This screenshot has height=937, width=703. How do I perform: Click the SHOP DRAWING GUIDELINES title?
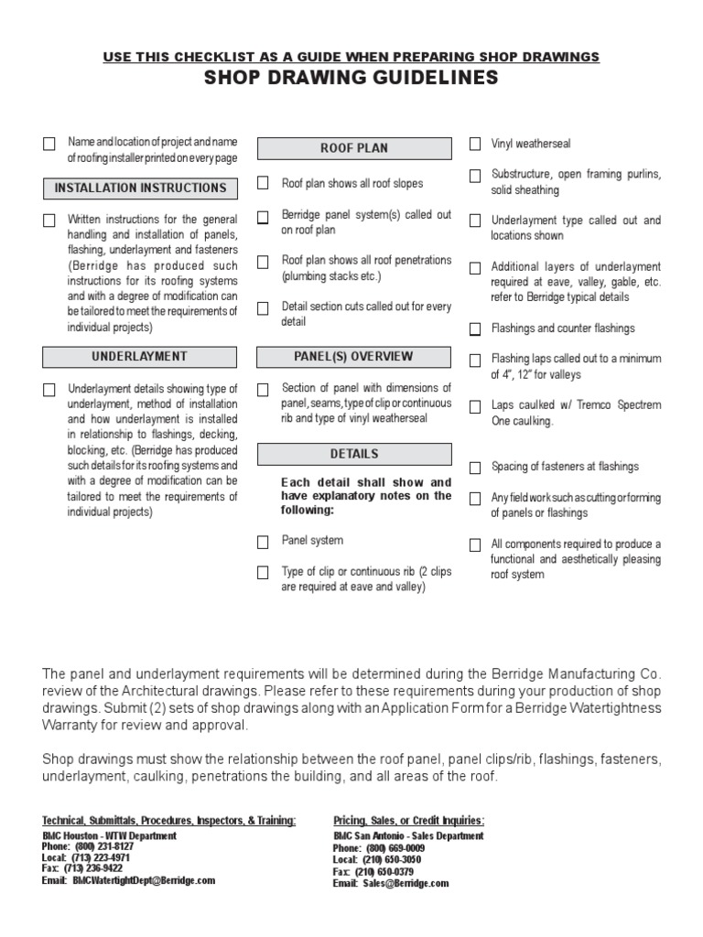(351, 78)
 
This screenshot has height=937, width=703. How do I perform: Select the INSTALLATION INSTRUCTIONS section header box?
(141, 188)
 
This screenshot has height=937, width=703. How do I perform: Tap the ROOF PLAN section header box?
(354, 148)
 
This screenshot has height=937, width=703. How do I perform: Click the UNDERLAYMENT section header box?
(141, 357)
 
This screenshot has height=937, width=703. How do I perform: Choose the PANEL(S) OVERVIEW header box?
(354, 357)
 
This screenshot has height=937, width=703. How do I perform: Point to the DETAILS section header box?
(354, 455)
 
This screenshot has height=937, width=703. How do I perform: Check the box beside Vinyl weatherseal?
(475, 144)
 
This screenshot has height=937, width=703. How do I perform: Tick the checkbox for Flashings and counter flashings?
(475, 328)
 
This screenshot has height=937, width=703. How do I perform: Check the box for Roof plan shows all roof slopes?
(264, 184)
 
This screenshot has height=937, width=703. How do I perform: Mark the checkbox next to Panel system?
(264, 542)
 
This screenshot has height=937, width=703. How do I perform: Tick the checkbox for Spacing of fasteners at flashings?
(475, 468)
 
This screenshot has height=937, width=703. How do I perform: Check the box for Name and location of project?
(49, 144)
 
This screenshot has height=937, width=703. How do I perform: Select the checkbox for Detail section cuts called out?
(264, 308)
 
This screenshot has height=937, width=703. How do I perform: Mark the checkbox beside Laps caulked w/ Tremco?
(475, 406)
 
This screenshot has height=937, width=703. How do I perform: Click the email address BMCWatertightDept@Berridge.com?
(144, 880)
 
